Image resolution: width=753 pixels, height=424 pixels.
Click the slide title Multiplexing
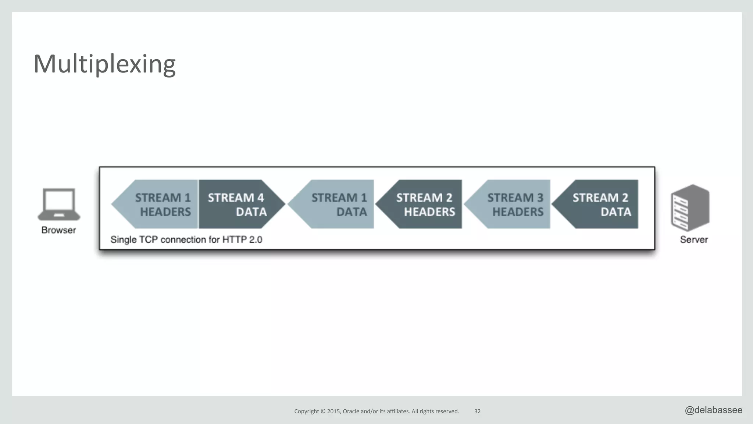click(104, 64)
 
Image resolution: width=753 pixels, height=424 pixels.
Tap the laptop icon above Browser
click(59, 204)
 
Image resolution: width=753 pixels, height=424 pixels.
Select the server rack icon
click(690, 208)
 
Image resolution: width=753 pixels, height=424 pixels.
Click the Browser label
click(58, 230)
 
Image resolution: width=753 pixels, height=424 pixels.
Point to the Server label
click(693, 240)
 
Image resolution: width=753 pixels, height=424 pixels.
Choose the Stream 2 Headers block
click(423, 204)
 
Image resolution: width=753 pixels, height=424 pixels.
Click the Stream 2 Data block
click(599, 204)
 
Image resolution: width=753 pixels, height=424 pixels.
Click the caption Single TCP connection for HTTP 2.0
click(186, 240)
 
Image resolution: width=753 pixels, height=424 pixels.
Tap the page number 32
click(477, 411)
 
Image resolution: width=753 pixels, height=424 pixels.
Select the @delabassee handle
click(713, 410)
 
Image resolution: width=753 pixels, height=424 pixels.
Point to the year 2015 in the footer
click(333, 411)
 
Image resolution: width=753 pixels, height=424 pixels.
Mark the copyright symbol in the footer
click(323, 411)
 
